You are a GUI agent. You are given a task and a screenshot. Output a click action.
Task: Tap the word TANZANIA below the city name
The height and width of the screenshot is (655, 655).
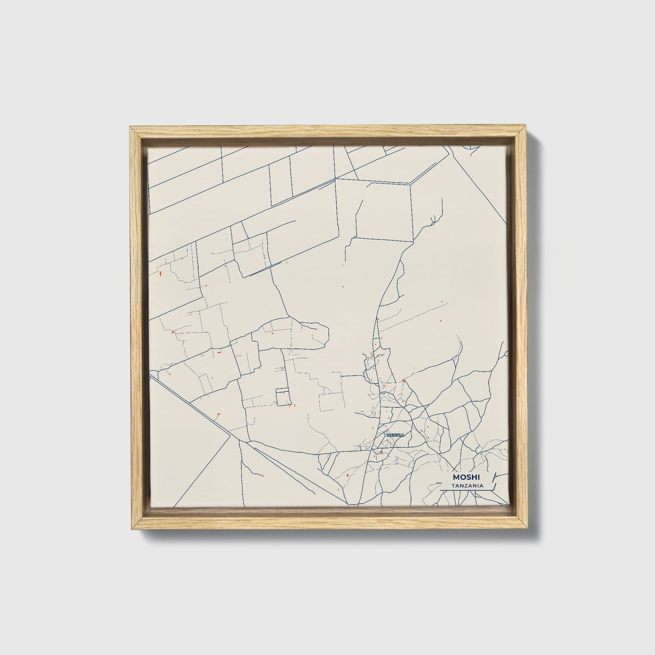tap(466, 486)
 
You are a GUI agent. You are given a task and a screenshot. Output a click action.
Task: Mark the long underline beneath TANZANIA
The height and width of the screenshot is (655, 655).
tap(465, 490)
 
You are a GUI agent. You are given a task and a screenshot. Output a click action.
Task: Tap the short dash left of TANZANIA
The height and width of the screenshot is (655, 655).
tap(445, 486)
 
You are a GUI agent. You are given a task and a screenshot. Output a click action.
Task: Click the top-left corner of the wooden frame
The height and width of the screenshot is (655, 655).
tap(131, 130)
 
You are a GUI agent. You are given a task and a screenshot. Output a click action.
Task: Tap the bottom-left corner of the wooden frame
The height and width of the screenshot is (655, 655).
tap(131, 529)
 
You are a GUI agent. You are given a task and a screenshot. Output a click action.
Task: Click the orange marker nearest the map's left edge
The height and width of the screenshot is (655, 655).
tap(160, 273)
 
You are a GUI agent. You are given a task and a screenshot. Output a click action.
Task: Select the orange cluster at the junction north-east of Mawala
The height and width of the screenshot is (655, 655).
tap(403, 381)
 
